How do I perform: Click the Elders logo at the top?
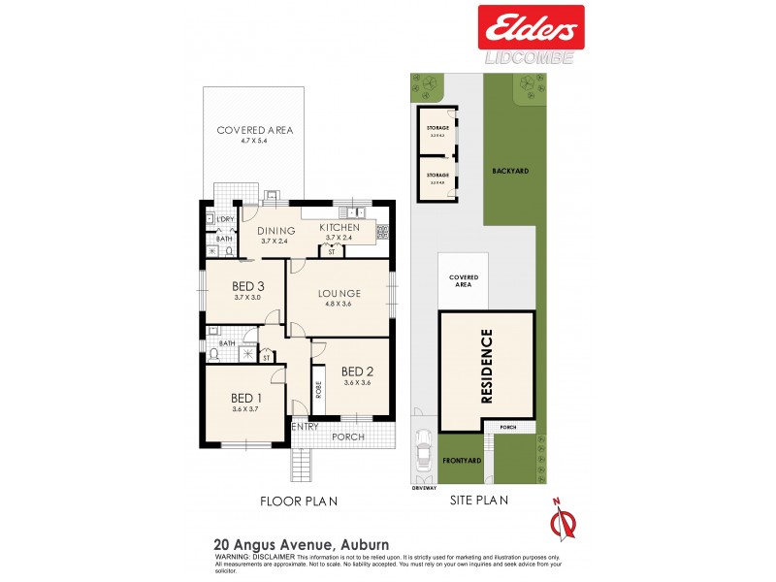coord(530,26)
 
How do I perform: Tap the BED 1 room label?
coord(246,398)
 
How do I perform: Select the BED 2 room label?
coord(358,371)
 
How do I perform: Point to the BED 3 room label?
coord(248,286)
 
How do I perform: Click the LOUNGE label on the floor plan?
coord(339,293)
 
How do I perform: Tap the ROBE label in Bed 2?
coord(318,390)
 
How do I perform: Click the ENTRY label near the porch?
coord(305,427)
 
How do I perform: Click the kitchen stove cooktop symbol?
coord(382,232)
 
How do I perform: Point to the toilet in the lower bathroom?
coord(214,355)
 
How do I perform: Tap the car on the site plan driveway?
coord(423,451)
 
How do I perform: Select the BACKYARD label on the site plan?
coord(508,170)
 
